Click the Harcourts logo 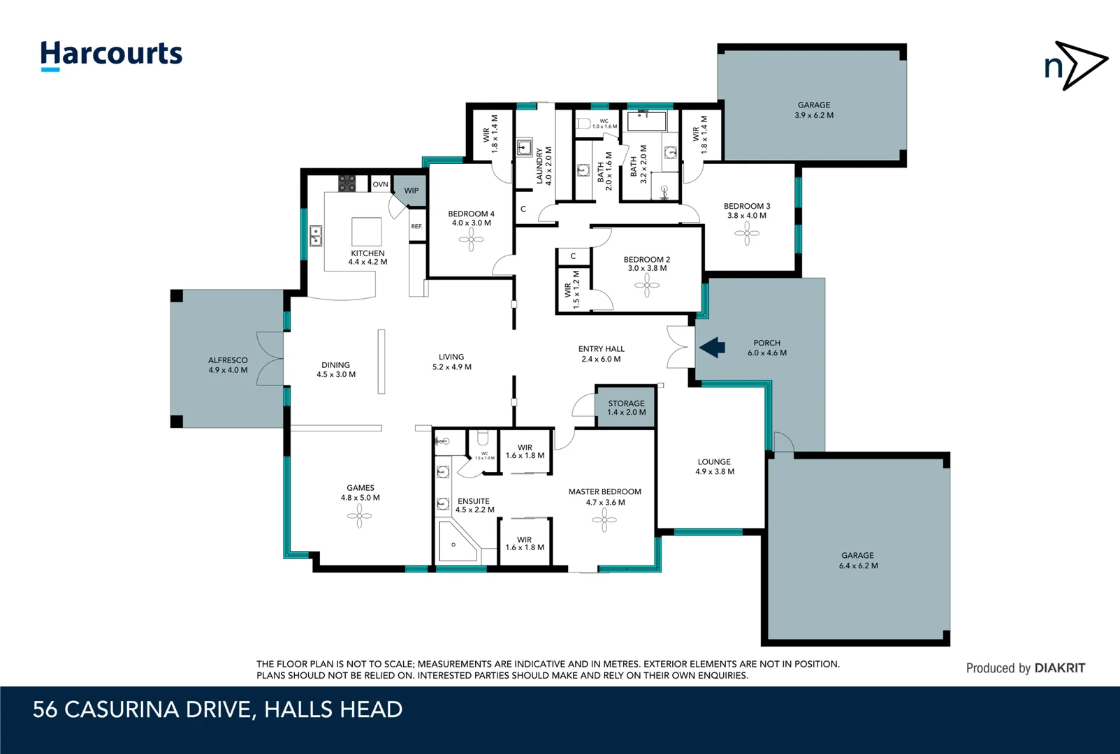tap(111, 54)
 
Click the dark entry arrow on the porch tap(712, 347)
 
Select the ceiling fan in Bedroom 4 tap(471, 241)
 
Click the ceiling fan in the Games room tap(359, 516)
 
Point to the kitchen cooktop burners tap(347, 184)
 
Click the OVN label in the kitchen tap(380, 184)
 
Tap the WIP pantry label tap(412, 190)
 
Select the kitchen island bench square tap(366, 231)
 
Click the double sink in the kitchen tap(316, 236)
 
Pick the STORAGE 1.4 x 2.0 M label tap(626, 408)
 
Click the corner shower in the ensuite tap(456, 542)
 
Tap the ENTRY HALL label tap(601, 354)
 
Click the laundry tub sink tap(524, 148)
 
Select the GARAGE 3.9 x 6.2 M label tap(814, 110)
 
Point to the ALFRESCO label tap(228, 365)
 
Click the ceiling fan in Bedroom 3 tap(747, 233)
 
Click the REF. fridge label tap(416, 226)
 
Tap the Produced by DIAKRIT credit tap(1025, 668)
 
